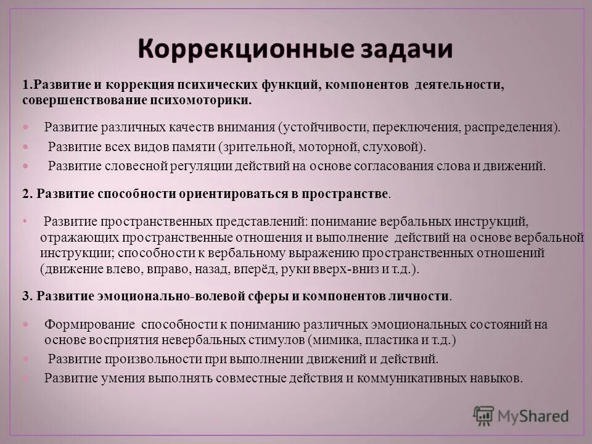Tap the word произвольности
[x=162, y=359]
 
